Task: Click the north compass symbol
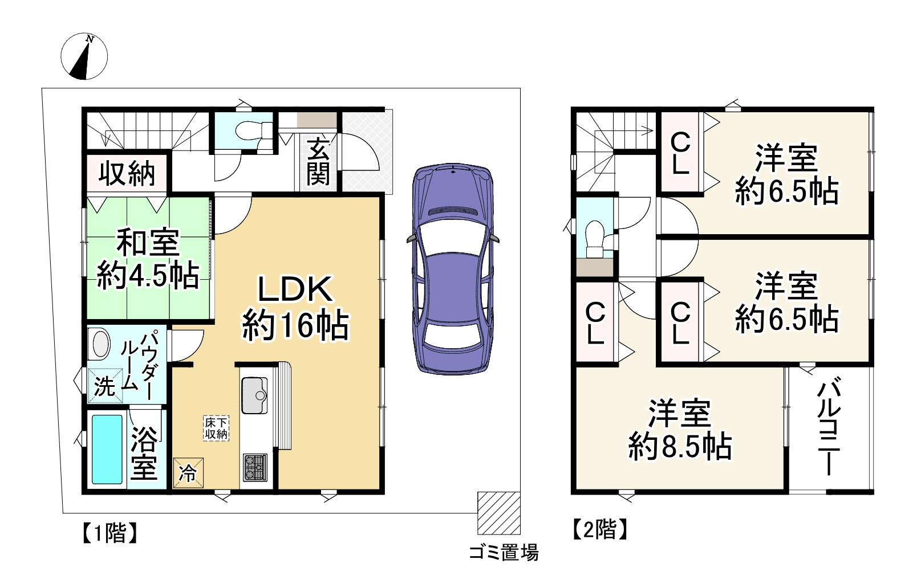tap(84, 56)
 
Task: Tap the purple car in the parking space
tap(452, 269)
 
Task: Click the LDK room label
tap(295, 308)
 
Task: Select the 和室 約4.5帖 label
tap(148, 259)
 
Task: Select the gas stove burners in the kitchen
tap(254, 466)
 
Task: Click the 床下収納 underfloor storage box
tap(217, 428)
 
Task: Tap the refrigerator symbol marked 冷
tap(188, 472)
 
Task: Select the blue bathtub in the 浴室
tap(107, 450)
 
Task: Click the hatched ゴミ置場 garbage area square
tap(498, 512)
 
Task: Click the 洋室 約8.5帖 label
tap(680, 430)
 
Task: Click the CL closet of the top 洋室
tap(680, 153)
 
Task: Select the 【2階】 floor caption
tap(600, 530)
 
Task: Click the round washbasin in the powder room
tap(101, 344)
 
